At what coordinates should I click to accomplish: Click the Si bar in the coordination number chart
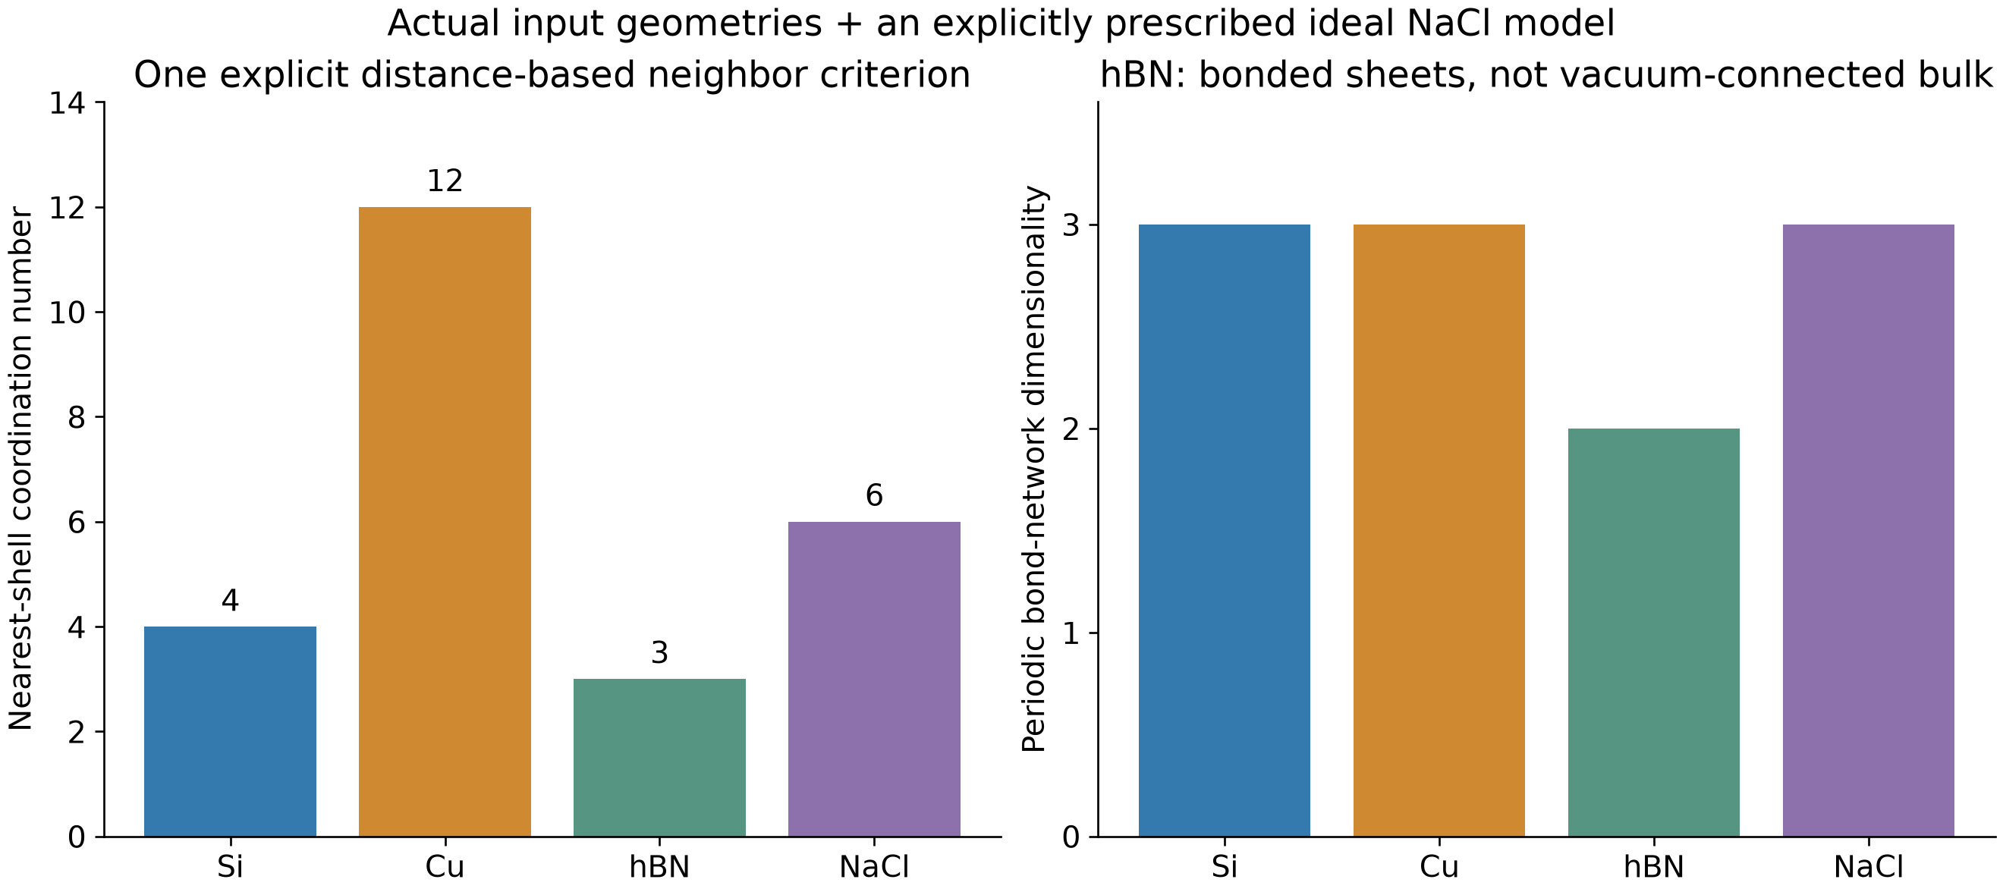pos(230,731)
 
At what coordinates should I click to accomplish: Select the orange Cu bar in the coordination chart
pos(445,522)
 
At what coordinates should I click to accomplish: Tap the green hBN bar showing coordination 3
pos(659,758)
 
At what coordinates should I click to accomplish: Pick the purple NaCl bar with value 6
pos(874,679)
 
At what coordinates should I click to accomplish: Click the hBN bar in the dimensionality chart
pos(1654,633)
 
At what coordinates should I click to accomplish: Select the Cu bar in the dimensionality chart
pos(1439,530)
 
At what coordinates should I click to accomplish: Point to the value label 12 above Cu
pos(445,181)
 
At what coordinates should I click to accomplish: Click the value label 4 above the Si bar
pos(230,601)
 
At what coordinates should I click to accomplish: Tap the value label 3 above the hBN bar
pos(659,653)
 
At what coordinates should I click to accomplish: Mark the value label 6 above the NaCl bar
pos(874,496)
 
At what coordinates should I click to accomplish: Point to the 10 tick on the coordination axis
pos(68,313)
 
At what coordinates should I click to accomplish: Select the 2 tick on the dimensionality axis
pos(1071,429)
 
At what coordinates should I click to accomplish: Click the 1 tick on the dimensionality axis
pos(1071,633)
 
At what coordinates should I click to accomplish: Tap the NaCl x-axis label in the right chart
pos(1869,866)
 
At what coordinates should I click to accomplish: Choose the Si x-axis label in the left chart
pos(230,866)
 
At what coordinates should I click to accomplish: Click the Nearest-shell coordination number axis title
pos(21,469)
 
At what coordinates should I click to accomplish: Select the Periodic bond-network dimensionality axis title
pos(1034,469)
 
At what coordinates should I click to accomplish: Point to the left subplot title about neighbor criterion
pos(552,75)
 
